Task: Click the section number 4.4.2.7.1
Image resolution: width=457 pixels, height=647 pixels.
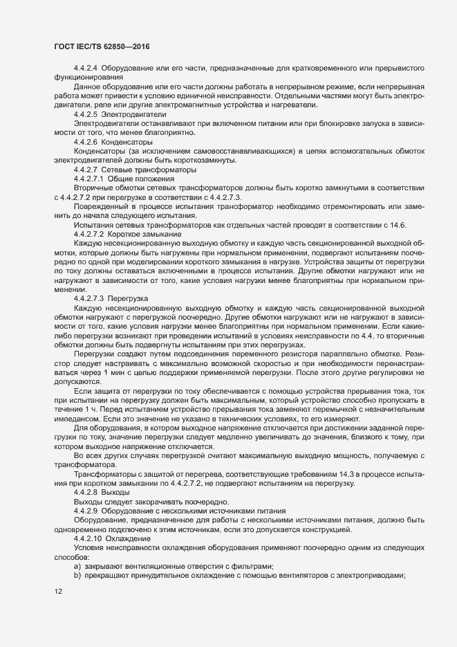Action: tap(87, 178)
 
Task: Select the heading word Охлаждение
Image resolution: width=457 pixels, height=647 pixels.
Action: tap(131, 538)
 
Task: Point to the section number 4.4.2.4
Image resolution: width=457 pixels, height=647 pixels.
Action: tap(85, 67)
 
